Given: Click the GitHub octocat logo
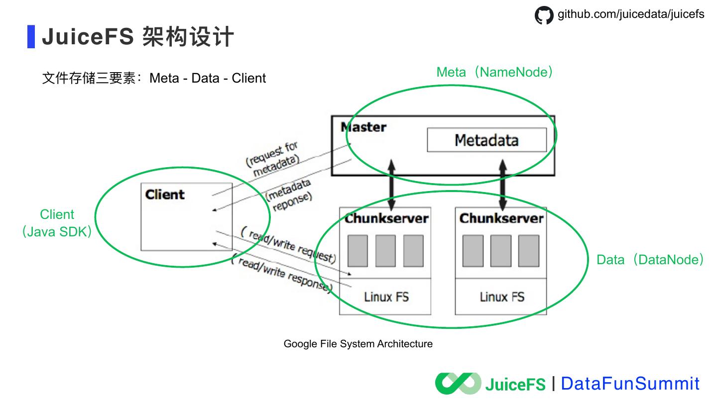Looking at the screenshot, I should [544, 15].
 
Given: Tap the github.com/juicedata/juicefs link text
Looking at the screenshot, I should [631, 14].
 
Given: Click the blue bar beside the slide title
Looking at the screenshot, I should [31, 37].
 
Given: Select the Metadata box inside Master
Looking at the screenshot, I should [486, 140].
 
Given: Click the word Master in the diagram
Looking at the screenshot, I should [363, 127].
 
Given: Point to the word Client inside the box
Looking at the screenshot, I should [165, 195].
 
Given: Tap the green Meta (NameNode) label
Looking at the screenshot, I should [494, 72].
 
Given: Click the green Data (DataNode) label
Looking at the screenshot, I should [650, 260].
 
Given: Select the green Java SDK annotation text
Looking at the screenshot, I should [57, 232].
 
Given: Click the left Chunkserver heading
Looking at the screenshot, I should [386, 218].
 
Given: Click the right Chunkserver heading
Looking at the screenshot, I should [501, 218].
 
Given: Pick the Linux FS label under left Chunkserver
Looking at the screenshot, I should [386, 297].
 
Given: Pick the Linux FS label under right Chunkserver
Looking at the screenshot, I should [502, 297].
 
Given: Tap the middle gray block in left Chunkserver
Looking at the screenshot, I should [385, 251].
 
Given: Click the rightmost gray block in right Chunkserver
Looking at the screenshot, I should [529, 251].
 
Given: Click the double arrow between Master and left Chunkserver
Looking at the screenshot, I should [392, 184].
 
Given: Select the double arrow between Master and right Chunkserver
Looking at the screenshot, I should [503, 184].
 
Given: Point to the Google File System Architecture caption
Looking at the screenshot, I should [358, 344].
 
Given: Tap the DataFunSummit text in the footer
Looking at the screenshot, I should [630, 384].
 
